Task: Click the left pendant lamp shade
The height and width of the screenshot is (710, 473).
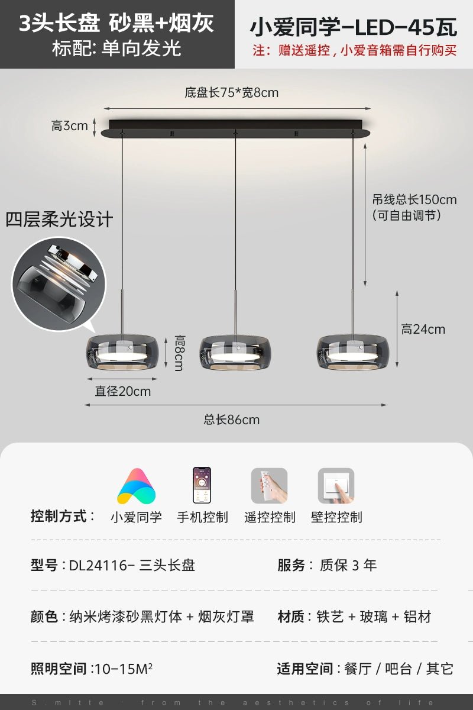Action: pyautogui.click(x=122, y=352)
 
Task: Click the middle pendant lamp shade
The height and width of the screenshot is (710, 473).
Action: pyautogui.click(x=235, y=353)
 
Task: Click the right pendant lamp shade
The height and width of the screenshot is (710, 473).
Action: pyautogui.click(x=352, y=352)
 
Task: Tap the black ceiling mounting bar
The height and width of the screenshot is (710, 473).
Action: pyautogui.click(x=235, y=128)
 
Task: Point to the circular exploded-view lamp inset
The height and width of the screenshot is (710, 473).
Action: pyautogui.click(x=59, y=283)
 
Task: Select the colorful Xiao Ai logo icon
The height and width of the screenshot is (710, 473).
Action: pyautogui.click(x=137, y=486)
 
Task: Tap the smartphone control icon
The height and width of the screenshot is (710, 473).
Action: pyautogui.click(x=202, y=485)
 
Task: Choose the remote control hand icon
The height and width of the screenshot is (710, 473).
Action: pyautogui.click(x=269, y=486)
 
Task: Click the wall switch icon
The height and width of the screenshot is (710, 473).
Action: pyautogui.click(x=336, y=486)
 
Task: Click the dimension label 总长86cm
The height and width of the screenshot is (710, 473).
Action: pyautogui.click(x=232, y=419)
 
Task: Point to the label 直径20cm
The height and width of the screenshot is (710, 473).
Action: pyautogui.click(x=123, y=392)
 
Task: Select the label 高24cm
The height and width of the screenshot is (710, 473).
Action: pyautogui.click(x=423, y=330)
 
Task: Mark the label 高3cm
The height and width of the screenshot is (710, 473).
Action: pyautogui.click(x=70, y=126)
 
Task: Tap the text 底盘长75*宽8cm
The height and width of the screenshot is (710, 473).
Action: pyautogui.click(x=232, y=92)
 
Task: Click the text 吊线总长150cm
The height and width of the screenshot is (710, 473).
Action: pyautogui.click(x=414, y=200)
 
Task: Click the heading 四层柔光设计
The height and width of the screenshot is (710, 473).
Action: pyautogui.click(x=59, y=220)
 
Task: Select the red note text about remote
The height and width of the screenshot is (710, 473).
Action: pyautogui.click(x=355, y=50)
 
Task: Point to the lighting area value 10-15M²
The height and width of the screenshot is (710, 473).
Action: pyautogui.click(x=124, y=669)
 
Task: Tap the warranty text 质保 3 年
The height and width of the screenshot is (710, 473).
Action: pyautogui.click(x=348, y=565)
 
